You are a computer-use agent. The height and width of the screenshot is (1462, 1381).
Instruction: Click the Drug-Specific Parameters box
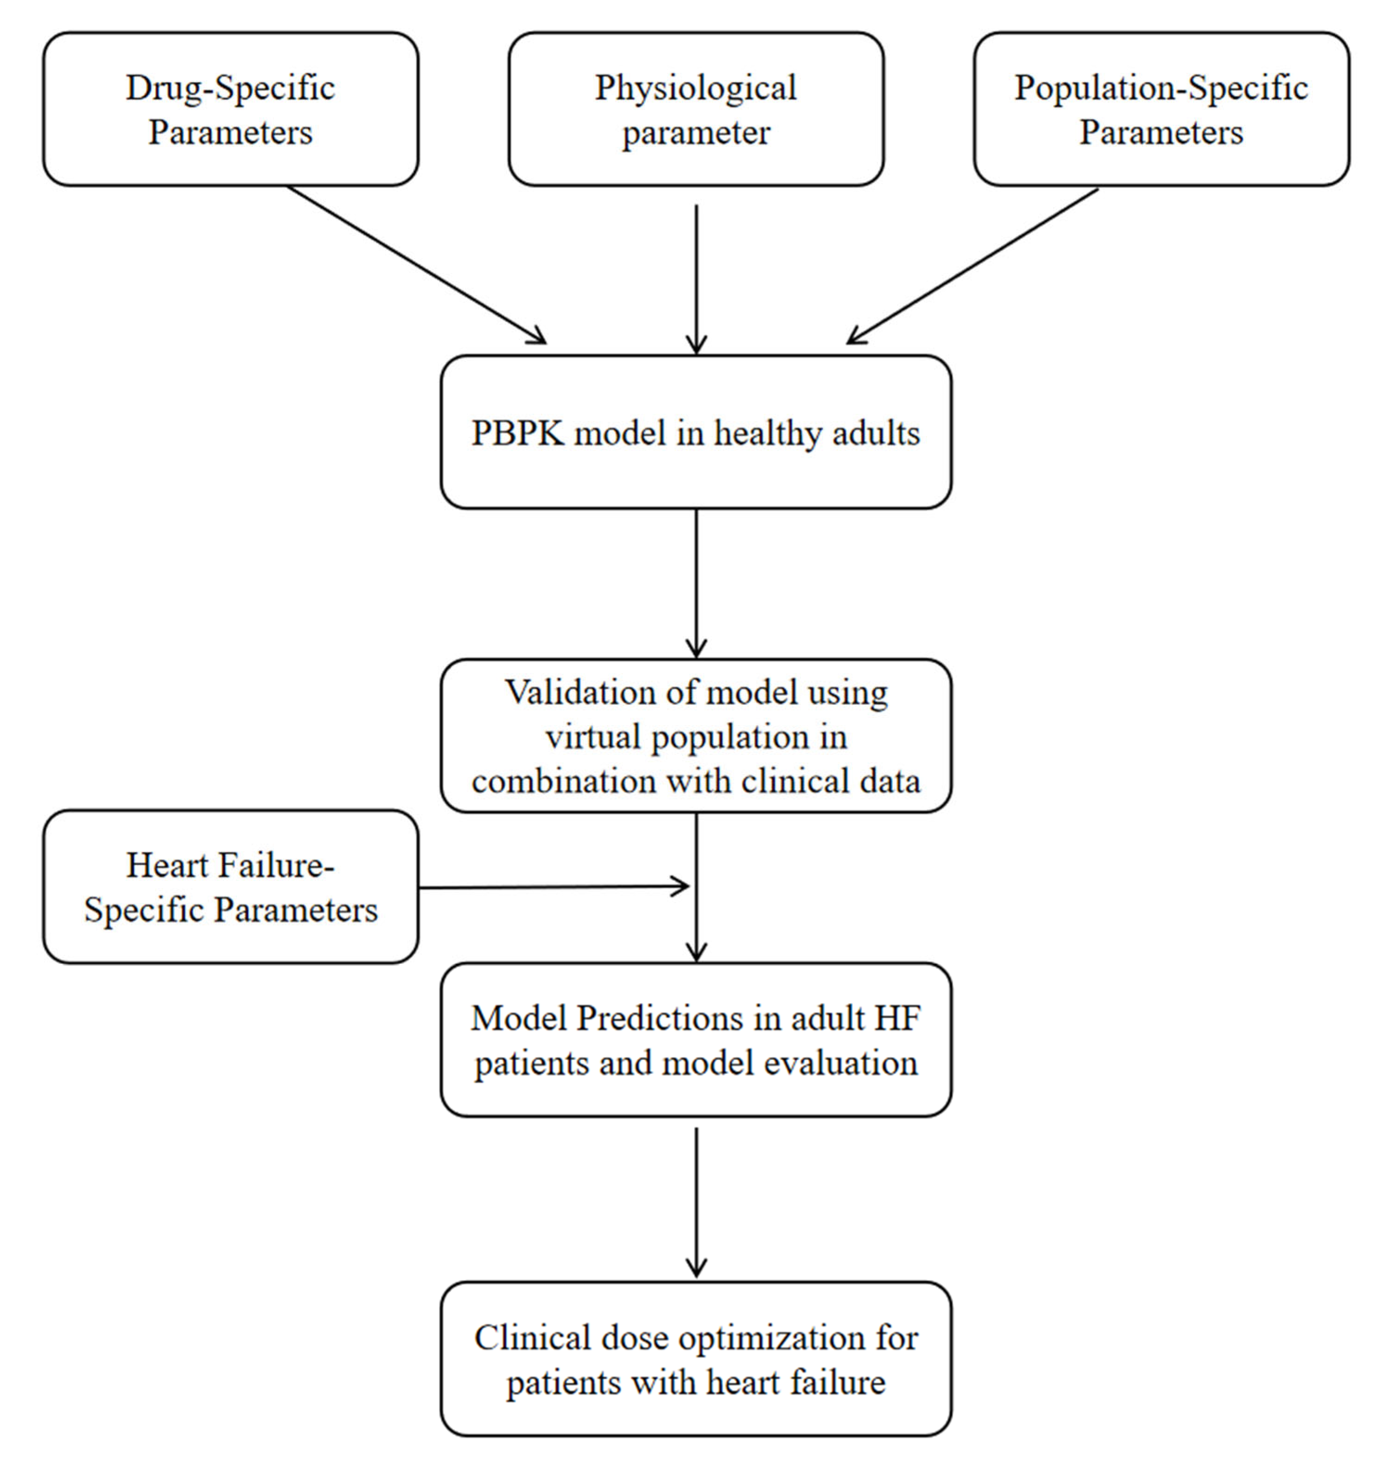tap(230, 109)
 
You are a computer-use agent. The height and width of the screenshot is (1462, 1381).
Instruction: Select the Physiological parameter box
tap(696, 109)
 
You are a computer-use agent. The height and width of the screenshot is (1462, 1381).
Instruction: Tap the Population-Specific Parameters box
tap(1161, 109)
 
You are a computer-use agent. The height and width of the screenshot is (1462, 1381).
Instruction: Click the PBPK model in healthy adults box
tap(696, 432)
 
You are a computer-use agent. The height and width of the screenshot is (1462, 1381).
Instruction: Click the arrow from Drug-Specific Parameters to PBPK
tap(416, 265)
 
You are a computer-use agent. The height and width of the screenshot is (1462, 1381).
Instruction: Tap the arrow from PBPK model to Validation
tap(696, 581)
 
